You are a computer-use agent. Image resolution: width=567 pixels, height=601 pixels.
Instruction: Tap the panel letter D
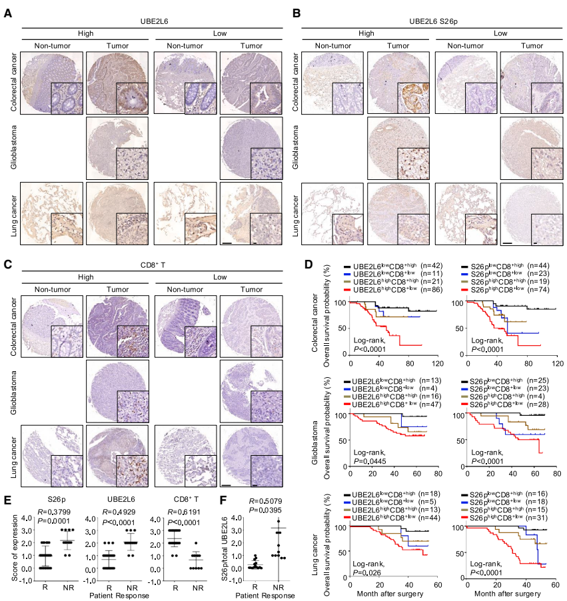(308, 264)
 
